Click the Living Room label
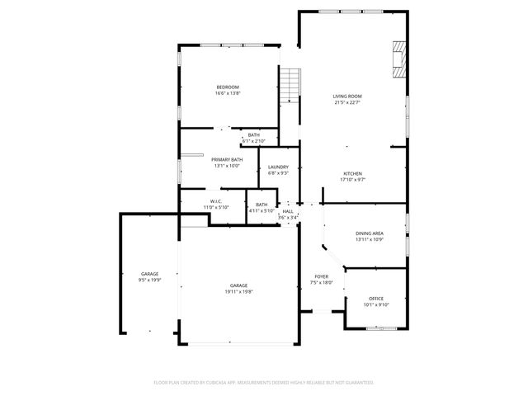[347, 97]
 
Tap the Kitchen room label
[352, 174]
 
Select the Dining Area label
[369, 233]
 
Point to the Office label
[376, 299]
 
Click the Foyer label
[321, 276]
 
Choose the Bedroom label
[228, 87]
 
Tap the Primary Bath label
[227, 159]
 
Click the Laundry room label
[278, 167]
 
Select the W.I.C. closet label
[216, 200]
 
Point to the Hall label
[288, 211]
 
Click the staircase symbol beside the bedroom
[289, 84]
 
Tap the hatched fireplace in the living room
[398, 60]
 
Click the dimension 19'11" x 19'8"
[238, 291]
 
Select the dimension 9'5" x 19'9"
[149, 280]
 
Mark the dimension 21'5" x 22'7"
[347, 103]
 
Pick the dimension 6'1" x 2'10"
[253, 141]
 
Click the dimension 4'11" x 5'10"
[262, 210]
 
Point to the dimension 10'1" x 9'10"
[376, 304]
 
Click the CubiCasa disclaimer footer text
[264, 383]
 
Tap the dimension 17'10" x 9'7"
[352, 180]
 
